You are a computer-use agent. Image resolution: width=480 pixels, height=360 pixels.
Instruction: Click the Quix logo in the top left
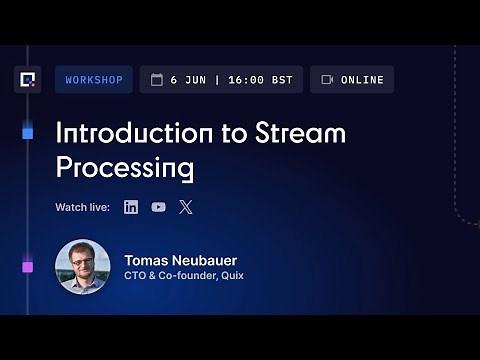(27, 79)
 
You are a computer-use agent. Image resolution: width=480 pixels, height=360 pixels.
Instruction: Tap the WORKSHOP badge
(93, 80)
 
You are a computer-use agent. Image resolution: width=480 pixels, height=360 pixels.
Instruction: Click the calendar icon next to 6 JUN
(156, 80)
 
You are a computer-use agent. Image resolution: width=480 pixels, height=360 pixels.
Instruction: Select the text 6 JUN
(187, 80)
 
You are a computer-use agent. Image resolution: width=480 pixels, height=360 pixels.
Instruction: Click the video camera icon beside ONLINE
(327, 80)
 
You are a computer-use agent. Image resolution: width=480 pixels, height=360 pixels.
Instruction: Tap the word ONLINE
(361, 80)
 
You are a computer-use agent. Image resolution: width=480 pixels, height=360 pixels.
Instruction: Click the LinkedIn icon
(131, 207)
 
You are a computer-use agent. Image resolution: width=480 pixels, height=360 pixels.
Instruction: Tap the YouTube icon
(158, 207)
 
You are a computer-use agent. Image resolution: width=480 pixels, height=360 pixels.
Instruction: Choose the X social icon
(185, 207)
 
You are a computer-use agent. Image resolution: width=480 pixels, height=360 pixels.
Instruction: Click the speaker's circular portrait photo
(81, 266)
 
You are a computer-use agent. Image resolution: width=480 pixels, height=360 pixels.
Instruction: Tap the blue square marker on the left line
(27, 132)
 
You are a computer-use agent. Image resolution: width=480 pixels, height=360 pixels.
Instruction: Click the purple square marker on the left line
(27, 266)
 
